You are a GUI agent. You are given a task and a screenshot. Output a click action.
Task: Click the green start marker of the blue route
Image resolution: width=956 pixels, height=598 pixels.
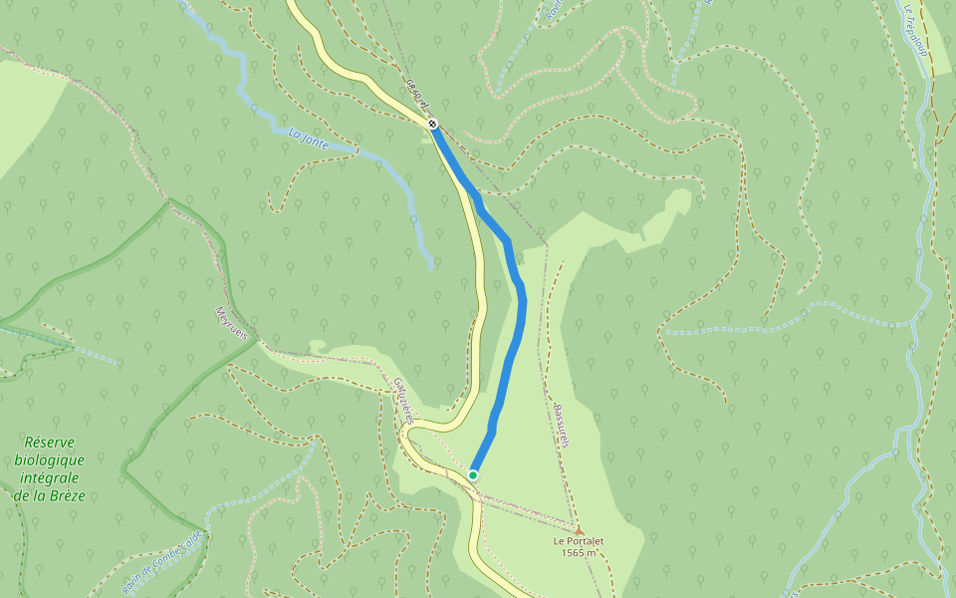point(473,474)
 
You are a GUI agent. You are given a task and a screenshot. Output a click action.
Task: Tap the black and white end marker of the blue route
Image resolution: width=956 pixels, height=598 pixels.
point(432,125)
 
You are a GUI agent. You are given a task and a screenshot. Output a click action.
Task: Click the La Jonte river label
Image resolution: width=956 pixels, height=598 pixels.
point(308,138)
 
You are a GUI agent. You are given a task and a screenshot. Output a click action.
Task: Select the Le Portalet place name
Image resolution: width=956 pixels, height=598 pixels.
point(579,541)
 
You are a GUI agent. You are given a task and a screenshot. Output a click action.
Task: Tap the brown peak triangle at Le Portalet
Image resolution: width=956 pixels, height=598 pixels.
point(579,530)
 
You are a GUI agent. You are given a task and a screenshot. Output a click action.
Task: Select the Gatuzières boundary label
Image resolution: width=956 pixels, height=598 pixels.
point(402,400)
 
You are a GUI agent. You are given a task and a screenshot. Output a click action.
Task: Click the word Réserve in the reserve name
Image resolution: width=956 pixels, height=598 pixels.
point(50,442)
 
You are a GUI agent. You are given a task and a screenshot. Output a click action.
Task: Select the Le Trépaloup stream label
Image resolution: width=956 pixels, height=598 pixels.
point(916,30)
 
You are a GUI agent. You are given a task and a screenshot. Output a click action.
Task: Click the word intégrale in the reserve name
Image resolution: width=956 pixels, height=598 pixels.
point(50,477)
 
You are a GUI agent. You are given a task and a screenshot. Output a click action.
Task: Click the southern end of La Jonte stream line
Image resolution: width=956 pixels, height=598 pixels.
point(431,267)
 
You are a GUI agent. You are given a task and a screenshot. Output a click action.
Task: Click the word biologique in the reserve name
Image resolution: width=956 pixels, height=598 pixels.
point(50,459)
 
